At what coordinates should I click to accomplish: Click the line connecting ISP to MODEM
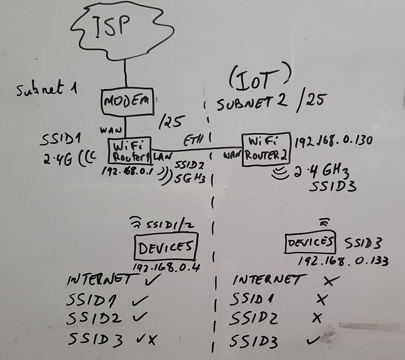(126, 75)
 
